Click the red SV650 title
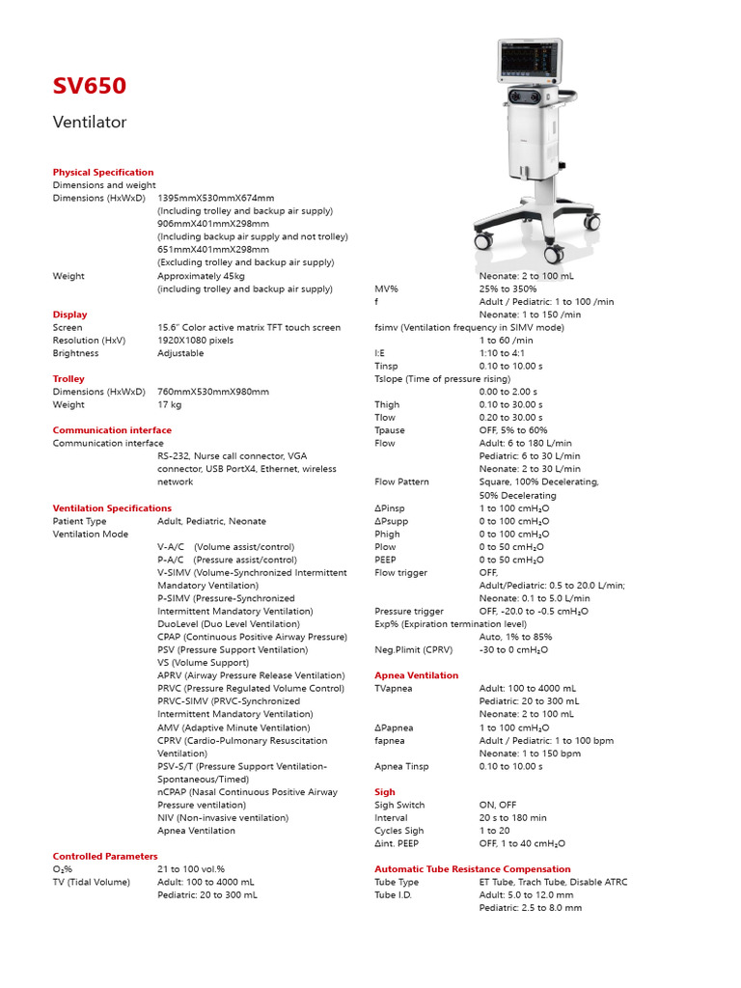[x=89, y=87]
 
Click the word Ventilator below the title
[x=89, y=123]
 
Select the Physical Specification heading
[x=102, y=172]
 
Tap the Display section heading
[x=69, y=315]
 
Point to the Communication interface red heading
[x=112, y=430]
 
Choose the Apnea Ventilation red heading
[x=416, y=675]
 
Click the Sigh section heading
[x=385, y=792]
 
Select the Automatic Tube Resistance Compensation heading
[x=472, y=869]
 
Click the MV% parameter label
[x=386, y=288]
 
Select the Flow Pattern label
[x=401, y=481]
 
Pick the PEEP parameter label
[x=385, y=560]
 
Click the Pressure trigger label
[x=409, y=611]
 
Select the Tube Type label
[x=397, y=882]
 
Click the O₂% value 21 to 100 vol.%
[x=191, y=869]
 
